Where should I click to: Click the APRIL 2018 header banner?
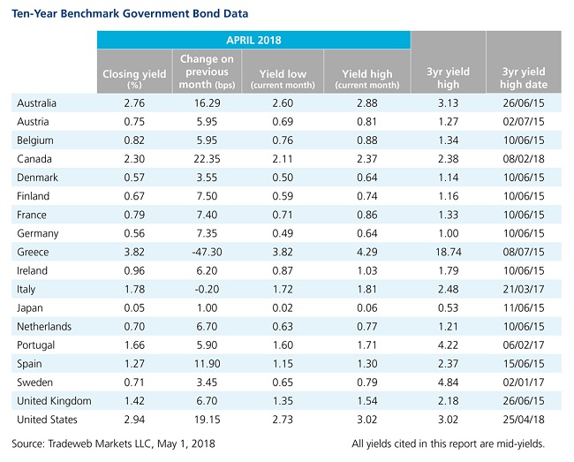pos(253,40)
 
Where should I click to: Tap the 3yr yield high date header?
pos(524,78)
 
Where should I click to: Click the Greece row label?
pos(33,252)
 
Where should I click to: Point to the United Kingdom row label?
pos(54,401)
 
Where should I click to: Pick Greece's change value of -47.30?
pos(207,252)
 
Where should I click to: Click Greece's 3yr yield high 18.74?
pos(448,252)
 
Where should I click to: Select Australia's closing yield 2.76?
pos(134,102)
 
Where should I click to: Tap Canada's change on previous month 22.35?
pos(207,159)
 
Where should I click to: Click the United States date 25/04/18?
pos(524,420)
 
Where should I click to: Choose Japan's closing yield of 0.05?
pos(134,308)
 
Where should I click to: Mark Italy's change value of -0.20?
pos(207,289)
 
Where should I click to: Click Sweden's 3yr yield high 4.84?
pos(448,382)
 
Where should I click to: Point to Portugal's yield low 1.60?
pos(283,345)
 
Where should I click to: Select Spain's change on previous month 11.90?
pos(207,364)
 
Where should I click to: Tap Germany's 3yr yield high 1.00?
pos(448,233)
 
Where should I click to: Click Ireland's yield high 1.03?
pos(367,270)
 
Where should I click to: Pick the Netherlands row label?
pos(44,326)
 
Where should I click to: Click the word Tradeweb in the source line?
pos(70,443)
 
